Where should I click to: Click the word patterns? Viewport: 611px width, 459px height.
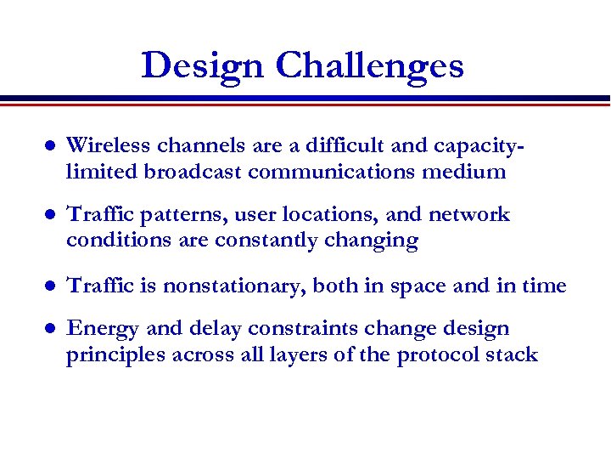coord(171,214)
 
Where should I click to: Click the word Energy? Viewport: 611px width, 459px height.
coord(96,329)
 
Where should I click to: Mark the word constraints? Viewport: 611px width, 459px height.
coord(289,329)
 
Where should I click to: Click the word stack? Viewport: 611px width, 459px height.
coord(513,354)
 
